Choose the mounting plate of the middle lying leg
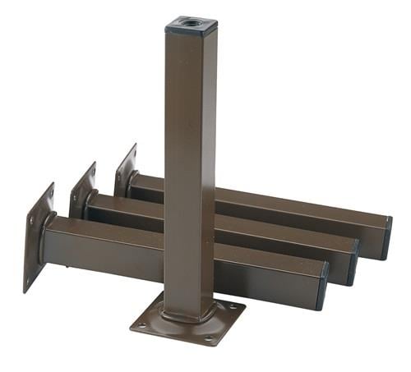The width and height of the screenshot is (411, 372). (x=82, y=191)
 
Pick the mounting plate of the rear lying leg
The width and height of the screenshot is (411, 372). (x=126, y=170)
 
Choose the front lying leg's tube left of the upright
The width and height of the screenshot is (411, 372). (x=107, y=250)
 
